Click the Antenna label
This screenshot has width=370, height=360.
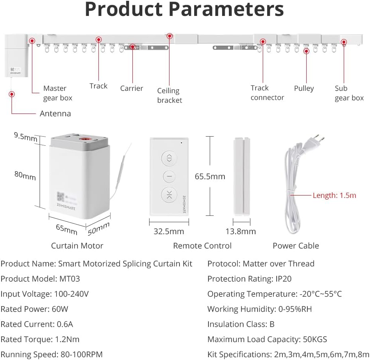pos(55,113)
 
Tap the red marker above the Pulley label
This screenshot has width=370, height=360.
pos(306,51)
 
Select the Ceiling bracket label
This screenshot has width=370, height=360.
pos(169,95)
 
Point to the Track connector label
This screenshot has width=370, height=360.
pos(267,93)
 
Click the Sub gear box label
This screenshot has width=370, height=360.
pos(349,93)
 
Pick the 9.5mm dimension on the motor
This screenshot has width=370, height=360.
pos(26,137)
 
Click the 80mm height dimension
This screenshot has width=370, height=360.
pos(25,175)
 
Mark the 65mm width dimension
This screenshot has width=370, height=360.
pos(67,229)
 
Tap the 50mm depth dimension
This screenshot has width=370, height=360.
pos(98,229)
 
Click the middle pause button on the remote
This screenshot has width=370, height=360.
pos(169,176)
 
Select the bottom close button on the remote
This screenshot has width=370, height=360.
pos(169,195)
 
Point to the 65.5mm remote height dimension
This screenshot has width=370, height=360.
pos(210,176)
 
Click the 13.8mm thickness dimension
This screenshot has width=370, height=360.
pos(240,231)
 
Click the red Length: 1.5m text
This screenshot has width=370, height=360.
pos(335,196)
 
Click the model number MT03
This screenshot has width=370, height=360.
pos(70,279)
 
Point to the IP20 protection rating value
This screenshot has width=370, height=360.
pos(283,279)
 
